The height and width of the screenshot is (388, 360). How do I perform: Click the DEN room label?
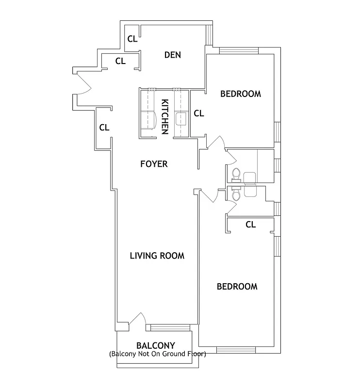point(172,55)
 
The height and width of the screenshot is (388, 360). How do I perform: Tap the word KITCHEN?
point(165,116)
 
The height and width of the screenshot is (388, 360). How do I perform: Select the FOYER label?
point(154,164)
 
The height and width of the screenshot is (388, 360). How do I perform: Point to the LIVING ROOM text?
point(157,256)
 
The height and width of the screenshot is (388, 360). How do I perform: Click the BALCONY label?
point(155,345)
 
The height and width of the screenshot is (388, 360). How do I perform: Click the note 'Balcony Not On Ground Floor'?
point(157,354)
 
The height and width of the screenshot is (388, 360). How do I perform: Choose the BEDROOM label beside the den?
point(240,94)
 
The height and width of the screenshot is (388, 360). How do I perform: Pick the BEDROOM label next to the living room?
point(237,286)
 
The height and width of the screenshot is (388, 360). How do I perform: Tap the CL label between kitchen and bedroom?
point(198,113)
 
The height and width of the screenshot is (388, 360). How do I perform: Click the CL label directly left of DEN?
point(120,61)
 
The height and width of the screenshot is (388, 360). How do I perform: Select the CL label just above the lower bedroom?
point(250,225)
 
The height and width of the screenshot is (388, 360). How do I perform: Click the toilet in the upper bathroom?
point(236,174)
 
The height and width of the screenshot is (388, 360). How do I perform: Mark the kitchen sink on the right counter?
point(180,118)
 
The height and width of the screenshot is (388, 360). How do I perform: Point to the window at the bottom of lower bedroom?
point(236,350)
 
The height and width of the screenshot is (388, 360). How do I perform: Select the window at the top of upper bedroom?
point(239,50)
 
